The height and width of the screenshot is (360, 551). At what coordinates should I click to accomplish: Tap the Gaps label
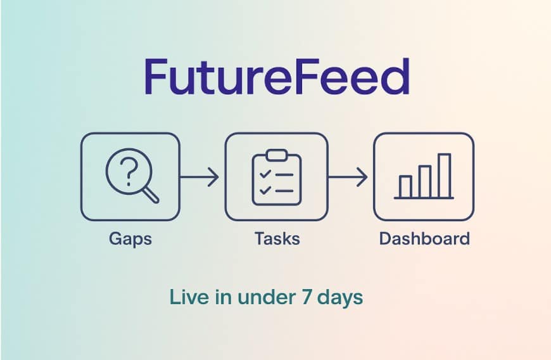click(x=130, y=239)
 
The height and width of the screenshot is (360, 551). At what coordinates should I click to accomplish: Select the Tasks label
click(x=277, y=239)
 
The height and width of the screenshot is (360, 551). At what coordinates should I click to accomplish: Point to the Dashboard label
click(x=424, y=239)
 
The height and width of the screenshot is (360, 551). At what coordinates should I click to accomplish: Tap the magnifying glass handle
click(x=151, y=194)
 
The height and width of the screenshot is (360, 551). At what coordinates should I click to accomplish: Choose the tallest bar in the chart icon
click(x=444, y=175)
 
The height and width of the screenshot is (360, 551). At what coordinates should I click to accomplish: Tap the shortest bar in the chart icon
click(x=405, y=186)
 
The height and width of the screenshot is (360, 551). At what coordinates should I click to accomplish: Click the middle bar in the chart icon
click(x=424, y=181)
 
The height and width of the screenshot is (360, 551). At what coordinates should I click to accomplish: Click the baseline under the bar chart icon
click(x=424, y=198)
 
